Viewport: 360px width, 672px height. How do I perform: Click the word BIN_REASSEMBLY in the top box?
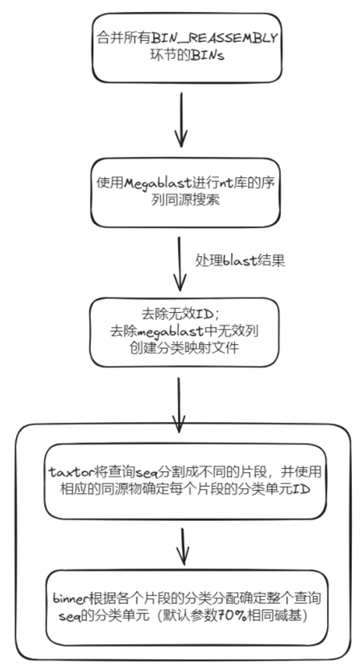click(x=214, y=38)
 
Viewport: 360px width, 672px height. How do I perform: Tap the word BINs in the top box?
click(x=207, y=56)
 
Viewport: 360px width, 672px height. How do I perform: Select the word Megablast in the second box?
click(x=158, y=183)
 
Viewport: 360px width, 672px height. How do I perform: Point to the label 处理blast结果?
click(x=240, y=260)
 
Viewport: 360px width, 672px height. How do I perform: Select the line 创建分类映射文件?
click(x=184, y=348)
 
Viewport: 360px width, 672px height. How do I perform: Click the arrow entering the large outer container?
click(x=179, y=405)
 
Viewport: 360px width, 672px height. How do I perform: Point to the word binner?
click(x=70, y=598)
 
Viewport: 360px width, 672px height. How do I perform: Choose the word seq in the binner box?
click(x=69, y=616)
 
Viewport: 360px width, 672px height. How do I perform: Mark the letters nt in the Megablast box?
click(x=225, y=183)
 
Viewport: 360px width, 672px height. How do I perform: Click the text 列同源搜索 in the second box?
click(x=186, y=200)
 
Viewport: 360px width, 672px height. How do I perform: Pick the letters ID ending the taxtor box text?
click(x=302, y=489)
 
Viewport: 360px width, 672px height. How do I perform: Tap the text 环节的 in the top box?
click(x=170, y=56)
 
